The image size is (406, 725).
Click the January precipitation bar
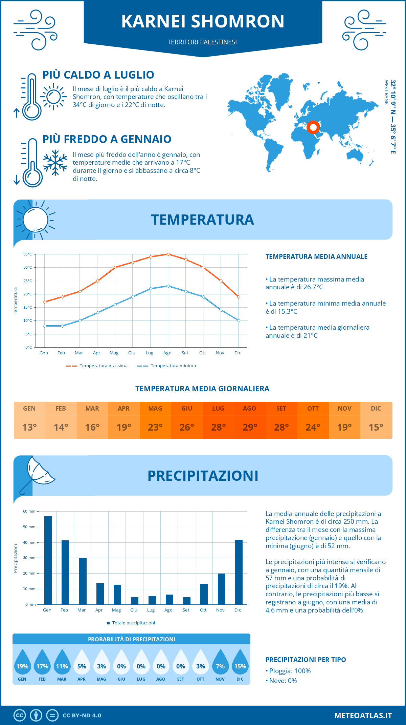pos(48,560)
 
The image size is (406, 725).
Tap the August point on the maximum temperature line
pos(168,254)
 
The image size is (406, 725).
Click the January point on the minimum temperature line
pos(45,326)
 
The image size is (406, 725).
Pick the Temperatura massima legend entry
pos(97,366)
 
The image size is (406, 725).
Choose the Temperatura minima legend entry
pos(167,366)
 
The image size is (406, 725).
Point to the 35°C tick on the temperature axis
pos(28,254)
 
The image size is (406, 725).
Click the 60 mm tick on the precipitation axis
pos(29,511)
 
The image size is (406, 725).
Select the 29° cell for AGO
pos(250,427)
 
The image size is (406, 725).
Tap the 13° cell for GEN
pos(29,427)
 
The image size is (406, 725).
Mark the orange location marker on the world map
pos(313,127)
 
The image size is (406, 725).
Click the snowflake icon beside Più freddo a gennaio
pos(55,163)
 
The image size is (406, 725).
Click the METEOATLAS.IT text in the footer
pos(363,716)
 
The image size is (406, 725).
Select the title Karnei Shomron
pos(203,21)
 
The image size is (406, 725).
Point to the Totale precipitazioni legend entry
pos(131,623)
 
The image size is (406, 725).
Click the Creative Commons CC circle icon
pos(20,716)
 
